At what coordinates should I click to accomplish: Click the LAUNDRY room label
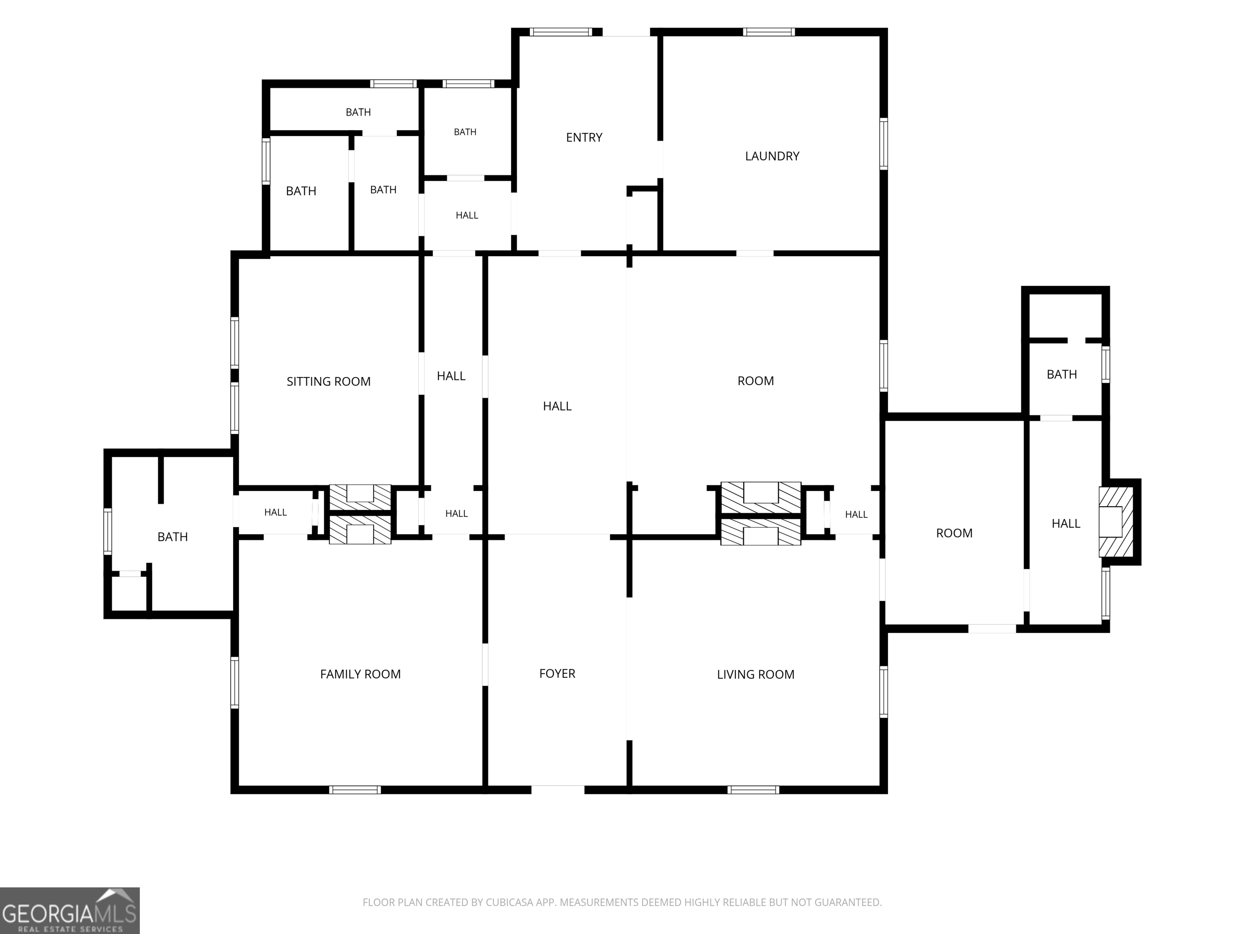(772, 156)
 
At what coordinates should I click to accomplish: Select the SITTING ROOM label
(328, 382)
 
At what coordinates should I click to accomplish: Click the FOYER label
(557, 673)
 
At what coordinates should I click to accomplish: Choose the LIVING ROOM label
(755, 675)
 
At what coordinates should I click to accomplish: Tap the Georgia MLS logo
(70, 910)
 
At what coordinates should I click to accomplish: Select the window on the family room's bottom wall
(355, 790)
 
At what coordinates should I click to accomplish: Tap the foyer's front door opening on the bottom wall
(558, 789)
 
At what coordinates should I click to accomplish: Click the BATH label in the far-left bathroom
(172, 537)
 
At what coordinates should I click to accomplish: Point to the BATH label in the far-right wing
(1061, 375)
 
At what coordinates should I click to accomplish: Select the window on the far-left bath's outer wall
(107, 531)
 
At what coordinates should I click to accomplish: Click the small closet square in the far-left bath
(130, 593)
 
